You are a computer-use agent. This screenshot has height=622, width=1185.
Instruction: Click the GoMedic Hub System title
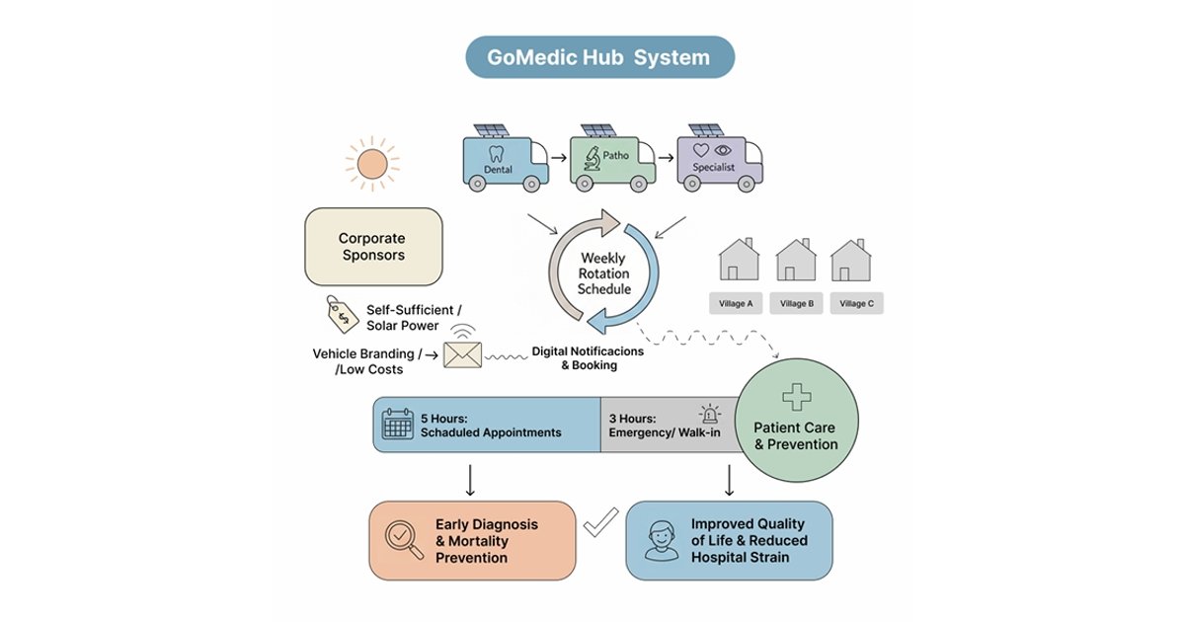pyautogui.click(x=599, y=57)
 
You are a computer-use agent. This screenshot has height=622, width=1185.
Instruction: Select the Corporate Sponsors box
pyautogui.click(x=372, y=247)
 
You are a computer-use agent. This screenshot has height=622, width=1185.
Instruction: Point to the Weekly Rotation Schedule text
pyautogui.click(x=602, y=273)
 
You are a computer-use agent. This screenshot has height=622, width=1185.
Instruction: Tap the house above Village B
pyautogui.click(x=795, y=261)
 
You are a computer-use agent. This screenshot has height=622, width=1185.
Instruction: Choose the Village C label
pyautogui.click(x=856, y=304)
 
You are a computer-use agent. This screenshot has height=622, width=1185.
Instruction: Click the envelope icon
pyautogui.click(x=462, y=353)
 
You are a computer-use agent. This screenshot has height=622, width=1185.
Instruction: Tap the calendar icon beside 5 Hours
pyautogui.click(x=397, y=425)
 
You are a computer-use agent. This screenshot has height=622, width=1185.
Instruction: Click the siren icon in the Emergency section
pyautogui.click(x=709, y=415)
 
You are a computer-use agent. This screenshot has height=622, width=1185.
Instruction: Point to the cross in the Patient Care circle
pyautogui.click(x=796, y=398)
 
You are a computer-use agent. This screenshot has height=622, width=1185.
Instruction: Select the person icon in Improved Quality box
pyautogui.click(x=661, y=539)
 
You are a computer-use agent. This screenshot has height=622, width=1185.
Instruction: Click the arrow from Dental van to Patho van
pyautogui.click(x=558, y=156)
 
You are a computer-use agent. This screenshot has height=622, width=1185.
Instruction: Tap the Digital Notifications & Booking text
pyautogui.click(x=588, y=357)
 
